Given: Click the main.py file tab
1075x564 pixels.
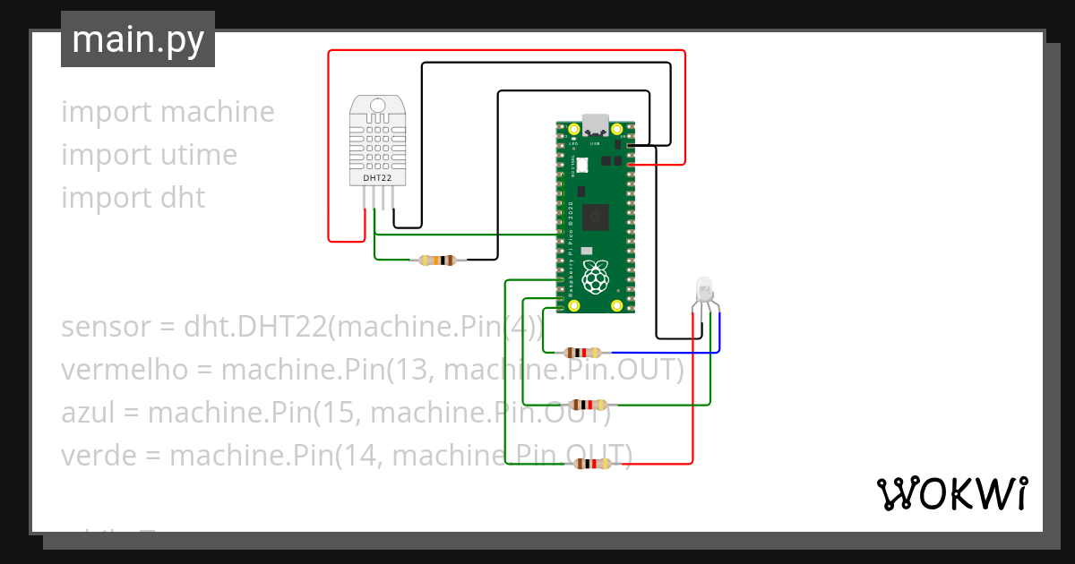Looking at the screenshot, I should coord(137,39).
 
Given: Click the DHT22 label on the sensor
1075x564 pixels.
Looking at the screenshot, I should coord(377,178).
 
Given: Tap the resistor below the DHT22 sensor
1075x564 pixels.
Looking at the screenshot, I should coord(437,261).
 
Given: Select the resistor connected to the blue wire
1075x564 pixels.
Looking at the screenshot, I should coord(583,353).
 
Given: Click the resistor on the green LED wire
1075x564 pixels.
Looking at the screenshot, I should coord(588,405).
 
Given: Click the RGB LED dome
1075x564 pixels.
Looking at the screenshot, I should coord(705,288).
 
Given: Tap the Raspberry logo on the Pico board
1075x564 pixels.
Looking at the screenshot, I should coord(596,278).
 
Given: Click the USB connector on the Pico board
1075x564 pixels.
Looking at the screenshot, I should coord(595,124).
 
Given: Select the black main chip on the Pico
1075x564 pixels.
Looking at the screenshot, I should coord(596,218).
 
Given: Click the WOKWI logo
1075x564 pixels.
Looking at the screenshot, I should coord(951,493).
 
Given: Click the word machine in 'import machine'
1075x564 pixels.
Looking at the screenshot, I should coord(219,112).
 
